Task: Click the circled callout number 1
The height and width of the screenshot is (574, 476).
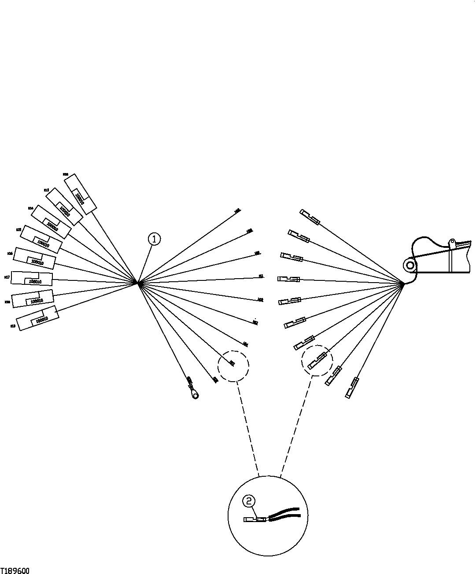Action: (154, 239)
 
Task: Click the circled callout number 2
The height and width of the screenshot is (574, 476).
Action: (249, 500)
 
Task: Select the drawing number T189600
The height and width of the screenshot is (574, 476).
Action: (15, 570)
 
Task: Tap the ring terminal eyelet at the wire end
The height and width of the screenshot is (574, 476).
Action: (195, 395)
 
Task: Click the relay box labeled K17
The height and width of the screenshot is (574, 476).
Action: (31, 279)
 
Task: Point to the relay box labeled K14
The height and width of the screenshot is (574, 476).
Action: (51, 222)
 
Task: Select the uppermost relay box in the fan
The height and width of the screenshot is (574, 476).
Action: (80, 194)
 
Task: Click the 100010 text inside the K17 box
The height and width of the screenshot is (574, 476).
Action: (35, 281)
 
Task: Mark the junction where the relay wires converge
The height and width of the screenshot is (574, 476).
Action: (138, 283)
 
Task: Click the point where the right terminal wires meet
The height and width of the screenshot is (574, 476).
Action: (403, 284)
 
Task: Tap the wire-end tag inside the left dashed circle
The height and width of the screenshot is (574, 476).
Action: (232, 363)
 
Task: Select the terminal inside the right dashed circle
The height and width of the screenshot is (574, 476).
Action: (317, 361)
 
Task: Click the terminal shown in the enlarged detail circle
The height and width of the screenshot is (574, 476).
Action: (255, 519)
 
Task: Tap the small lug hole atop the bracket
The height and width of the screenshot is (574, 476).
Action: (451, 242)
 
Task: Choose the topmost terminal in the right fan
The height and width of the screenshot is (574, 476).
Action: (310, 217)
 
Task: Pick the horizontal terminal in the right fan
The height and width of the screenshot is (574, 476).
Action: (288, 279)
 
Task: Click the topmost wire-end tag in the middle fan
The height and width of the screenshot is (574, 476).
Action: (237, 211)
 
